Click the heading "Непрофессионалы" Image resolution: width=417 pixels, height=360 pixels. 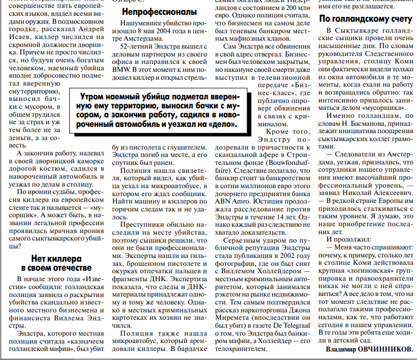point(159,11)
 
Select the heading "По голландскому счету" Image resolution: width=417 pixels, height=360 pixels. point(366,19)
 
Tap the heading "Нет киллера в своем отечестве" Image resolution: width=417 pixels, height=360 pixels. point(56,263)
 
